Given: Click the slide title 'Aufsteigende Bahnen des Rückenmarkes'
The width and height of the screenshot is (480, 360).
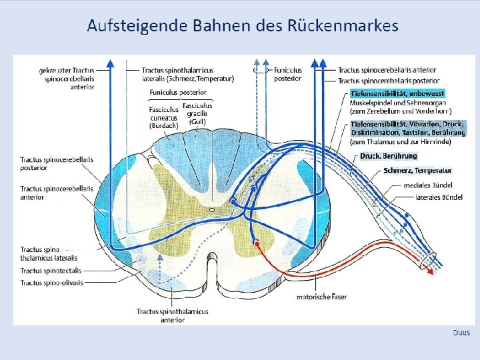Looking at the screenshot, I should coord(243,26).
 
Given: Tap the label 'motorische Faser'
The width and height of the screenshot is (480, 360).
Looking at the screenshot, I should coord(321,296).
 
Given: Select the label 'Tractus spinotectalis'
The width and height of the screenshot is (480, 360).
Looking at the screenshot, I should coord(51,271).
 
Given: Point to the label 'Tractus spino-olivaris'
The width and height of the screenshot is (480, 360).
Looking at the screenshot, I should coord(51,283).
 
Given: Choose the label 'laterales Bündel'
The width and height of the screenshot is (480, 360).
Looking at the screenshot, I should coord(439,197).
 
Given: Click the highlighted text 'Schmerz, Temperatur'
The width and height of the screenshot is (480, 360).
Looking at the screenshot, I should coord(418,171).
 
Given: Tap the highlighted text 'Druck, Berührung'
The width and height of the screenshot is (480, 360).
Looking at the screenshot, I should coord(389,155).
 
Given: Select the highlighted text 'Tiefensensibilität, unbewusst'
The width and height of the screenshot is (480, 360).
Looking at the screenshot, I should coord(398,94).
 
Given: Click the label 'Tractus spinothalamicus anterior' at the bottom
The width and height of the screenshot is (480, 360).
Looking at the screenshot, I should coord(172,315).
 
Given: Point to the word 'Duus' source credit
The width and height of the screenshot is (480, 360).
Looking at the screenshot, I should coord(461,332).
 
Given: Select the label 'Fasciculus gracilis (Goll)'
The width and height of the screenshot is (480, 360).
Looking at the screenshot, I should coord(197,113).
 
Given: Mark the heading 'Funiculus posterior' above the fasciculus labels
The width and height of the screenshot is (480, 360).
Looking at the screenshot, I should coord(178,92).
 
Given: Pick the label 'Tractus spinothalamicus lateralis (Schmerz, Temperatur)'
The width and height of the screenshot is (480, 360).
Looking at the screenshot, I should coord(187,74).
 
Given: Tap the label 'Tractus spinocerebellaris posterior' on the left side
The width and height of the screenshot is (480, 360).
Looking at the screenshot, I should coord(57,164).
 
